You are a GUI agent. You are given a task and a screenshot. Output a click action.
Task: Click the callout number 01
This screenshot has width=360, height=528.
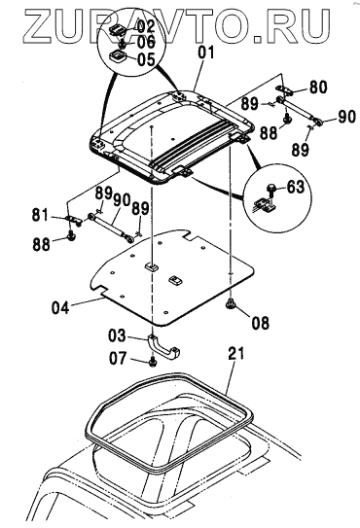[x=205, y=53]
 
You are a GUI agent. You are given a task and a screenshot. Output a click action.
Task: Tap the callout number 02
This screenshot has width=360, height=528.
[x=145, y=27]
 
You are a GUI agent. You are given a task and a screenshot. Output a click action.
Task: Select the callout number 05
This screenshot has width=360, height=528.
[x=145, y=59]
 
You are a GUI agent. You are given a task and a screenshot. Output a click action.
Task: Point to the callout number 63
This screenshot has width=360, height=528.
[x=295, y=187]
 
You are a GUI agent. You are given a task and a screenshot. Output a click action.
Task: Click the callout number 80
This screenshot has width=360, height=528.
[x=317, y=88]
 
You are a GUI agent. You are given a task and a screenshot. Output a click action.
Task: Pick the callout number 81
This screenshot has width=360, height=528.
[x=41, y=215]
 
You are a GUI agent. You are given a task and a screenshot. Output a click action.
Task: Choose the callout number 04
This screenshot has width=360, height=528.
[x=60, y=308]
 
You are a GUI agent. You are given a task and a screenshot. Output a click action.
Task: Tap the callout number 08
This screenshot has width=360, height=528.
[x=261, y=323]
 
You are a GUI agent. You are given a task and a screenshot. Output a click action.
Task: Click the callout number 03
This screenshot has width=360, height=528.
[x=117, y=335]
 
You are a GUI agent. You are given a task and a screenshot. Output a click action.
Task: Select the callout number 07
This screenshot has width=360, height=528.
[x=118, y=359]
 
